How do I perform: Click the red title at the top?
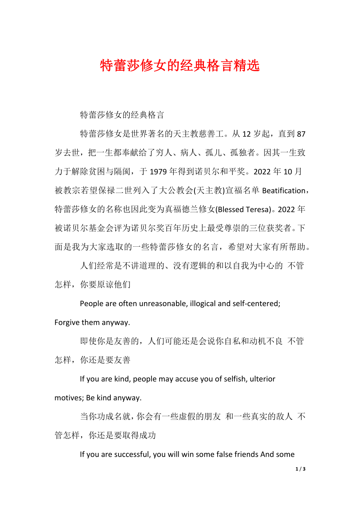180,66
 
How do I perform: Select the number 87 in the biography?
301,134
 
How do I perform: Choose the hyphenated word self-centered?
256,304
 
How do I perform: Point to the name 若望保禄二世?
106,190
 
